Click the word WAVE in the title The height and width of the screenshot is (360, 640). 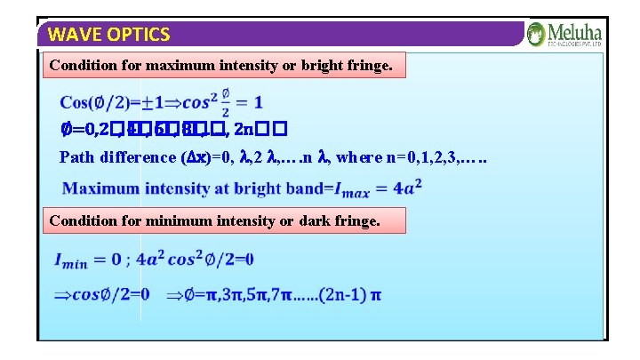point(70,35)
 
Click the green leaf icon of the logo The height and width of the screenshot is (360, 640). point(536,34)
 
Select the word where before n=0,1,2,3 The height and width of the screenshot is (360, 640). point(361,157)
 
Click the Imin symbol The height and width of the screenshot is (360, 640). point(74,260)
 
